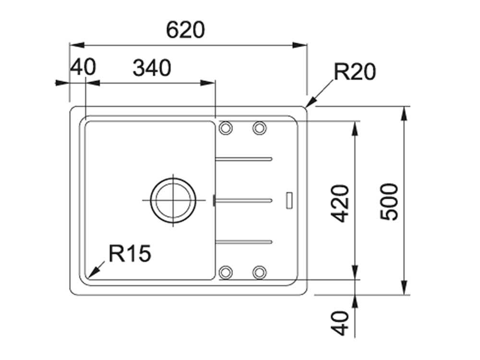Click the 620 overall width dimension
pyautogui.click(x=185, y=30)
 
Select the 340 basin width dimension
pyautogui.click(x=152, y=68)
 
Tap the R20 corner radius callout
pyautogui.click(x=355, y=72)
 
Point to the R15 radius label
pyautogui.click(x=130, y=253)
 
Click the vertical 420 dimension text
pyautogui.click(x=340, y=203)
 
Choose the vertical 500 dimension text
pyautogui.click(x=389, y=202)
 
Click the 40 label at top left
pyautogui.click(x=83, y=67)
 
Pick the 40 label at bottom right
pyautogui.click(x=340, y=323)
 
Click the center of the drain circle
pyautogui.click(x=173, y=200)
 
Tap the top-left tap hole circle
pyautogui.click(x=225, y=128)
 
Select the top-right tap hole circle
pyautogui.click(x=259, y=128)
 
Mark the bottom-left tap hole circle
pyautogui.click(x=225, y=272)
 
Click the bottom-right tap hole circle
pyautogui.click(x=259, y=272)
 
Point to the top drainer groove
pyautogui.click(x=244, y=158)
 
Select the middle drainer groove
pyautogui.click(x=244, y=201)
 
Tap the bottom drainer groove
pyautogui.click(x=244, y=242)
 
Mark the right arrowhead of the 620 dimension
pyautogui.click(x=300, y=45)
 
